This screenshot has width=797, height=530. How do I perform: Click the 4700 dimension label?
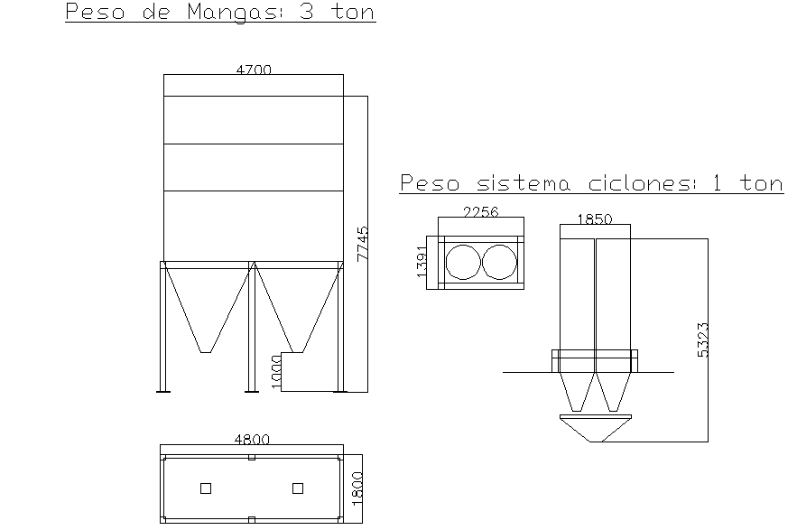pos(254,69)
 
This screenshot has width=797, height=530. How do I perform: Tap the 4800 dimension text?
pos(252,440)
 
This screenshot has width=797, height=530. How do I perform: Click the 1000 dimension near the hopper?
pos(276,371)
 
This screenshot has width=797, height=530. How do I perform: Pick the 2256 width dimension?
pos(480,212)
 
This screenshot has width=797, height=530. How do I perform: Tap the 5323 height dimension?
pos(703,340)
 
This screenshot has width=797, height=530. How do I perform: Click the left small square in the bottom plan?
pos(206,488)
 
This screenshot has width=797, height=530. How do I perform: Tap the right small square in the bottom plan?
pos(298,488)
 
